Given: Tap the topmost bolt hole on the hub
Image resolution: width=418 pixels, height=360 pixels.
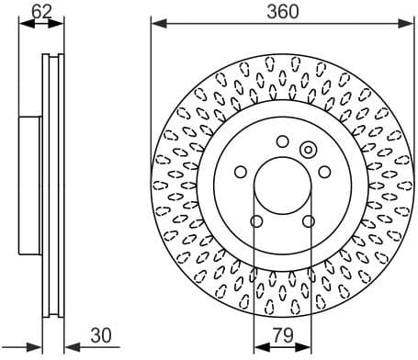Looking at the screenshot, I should pyautogui.click(x=282, y=141).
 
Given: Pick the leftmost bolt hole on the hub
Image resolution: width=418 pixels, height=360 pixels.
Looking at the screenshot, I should pyautogui.click(x=241, y=172).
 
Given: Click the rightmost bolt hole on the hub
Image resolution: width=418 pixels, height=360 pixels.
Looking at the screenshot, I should pyautogui.click(x=323, y=172).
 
